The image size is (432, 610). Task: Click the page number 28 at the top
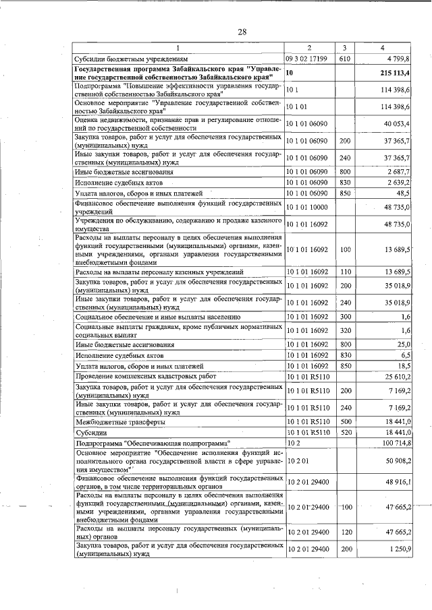(x=223, y=31)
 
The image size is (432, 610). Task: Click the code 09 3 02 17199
(x=307, y=59)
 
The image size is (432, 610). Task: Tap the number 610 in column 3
(x=344, y=59)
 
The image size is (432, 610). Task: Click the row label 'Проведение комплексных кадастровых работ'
(x=148, y=375)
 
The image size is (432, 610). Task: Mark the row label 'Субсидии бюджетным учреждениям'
(x=131, y=59)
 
